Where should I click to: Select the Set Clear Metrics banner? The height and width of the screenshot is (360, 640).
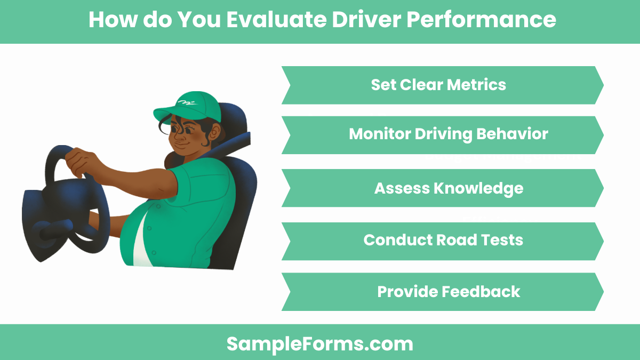[x=442, y=85]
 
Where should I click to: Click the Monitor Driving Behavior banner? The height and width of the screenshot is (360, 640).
[x=442, y=135]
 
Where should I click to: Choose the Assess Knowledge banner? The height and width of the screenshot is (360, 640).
[x=442, y=188]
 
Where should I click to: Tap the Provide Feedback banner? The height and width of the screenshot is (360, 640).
[x=442, y=292]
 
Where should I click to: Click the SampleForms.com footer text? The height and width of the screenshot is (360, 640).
[x=320, y=343]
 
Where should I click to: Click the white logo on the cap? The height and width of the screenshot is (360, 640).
[x=186, y=102]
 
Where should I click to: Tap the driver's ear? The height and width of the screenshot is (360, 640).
[x=214, y=131]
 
